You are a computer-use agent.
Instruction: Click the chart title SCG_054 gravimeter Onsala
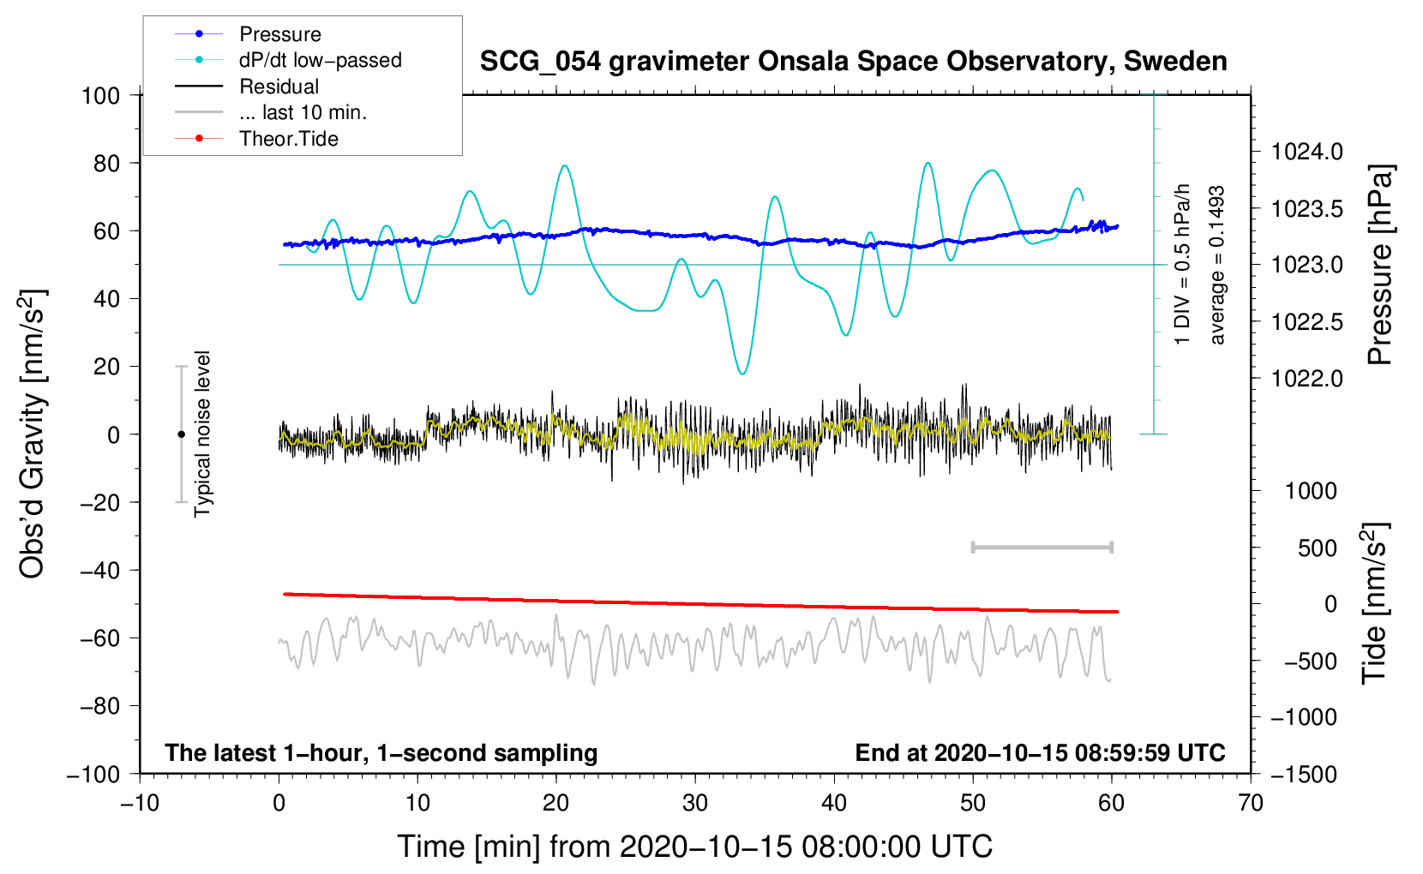coord(853,62)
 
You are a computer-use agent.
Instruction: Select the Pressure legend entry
coord(279,34)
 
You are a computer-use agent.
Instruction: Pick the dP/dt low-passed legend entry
coord(320,60)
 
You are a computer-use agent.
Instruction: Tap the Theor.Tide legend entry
coord(288,139)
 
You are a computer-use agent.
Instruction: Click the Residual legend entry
coord(279,87)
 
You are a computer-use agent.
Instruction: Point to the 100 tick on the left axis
coord(100,95)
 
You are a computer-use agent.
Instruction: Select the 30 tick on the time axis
coord(695,803)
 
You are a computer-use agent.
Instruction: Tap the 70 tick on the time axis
coord(1251,803)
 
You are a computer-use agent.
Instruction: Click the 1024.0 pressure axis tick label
coord(1306,153)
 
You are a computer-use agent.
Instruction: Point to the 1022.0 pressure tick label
coord(1306,379)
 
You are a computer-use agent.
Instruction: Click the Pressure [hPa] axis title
coord(1380,265)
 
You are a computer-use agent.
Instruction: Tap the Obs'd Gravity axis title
coord(33,434)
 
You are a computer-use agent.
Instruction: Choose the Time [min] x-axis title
coord(694,847)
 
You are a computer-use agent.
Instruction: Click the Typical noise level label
coord(202,434)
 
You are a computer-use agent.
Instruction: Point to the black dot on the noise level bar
coord(181,434)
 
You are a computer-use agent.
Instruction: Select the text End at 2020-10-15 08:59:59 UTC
coord(1040,752)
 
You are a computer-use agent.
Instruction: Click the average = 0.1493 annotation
coord(1217,265)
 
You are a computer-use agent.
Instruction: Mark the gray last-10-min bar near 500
coord(1042,548)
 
